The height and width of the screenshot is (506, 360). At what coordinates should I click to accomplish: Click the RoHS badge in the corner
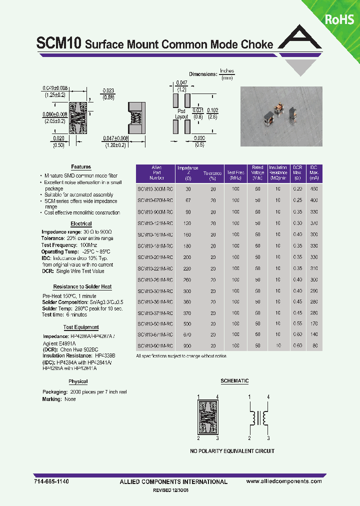339,19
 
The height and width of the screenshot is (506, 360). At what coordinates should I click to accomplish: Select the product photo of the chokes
281,116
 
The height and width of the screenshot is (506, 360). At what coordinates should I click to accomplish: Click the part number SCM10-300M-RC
155,189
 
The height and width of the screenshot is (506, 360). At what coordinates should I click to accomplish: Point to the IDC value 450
313,189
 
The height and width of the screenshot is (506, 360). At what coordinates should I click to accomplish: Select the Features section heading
81,167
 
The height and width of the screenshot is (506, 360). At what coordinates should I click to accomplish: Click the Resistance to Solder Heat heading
82,286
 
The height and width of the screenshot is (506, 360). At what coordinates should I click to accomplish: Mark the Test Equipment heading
81,327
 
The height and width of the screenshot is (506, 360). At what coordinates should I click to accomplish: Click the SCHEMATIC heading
234,381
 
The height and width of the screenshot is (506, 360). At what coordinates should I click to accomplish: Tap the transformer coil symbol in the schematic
259,416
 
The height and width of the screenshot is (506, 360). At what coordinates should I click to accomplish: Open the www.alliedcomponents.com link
284,481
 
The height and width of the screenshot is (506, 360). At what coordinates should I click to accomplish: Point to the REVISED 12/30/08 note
177,490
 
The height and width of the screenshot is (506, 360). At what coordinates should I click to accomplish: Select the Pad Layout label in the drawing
181,113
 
